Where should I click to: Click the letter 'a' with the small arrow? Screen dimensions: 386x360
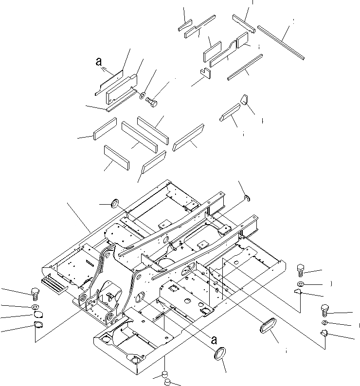(x=99, y=62)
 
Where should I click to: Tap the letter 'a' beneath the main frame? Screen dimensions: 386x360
(x=214, y=340)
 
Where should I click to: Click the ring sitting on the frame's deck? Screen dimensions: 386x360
(x=117, y=203)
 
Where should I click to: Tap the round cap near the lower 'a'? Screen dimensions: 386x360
(x=220, y=354)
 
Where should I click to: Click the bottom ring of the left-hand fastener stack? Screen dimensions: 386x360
(x=38, y=326)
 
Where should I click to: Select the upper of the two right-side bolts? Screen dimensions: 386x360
(x=301, y=269)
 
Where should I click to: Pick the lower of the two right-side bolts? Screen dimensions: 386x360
(x=325, y=309)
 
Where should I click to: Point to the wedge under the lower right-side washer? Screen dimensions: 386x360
(x=325, y=333)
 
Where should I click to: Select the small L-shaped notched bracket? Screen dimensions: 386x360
(x=205, y=73)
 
